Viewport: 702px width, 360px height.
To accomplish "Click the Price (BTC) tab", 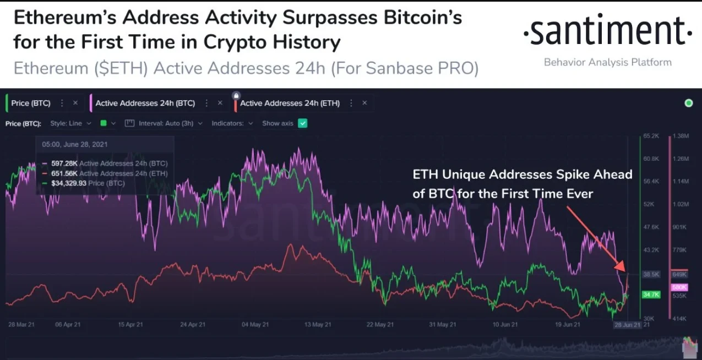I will pos(31,103).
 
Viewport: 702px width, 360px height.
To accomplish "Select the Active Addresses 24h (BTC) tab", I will pos(145,103).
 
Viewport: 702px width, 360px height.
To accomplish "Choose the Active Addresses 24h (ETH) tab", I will pos(290,103).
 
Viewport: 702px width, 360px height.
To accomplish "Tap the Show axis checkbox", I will pos(302,123).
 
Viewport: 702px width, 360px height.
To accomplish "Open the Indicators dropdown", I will pos(232,123).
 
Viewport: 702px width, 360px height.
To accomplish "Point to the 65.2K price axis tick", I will pos(651,135).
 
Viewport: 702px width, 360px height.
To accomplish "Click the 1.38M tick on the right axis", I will pos(681,135).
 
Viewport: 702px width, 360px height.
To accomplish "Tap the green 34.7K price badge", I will pos(651,295).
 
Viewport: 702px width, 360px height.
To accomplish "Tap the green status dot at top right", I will pos(688,103).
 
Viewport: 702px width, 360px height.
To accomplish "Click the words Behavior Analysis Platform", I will pos(607,62).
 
